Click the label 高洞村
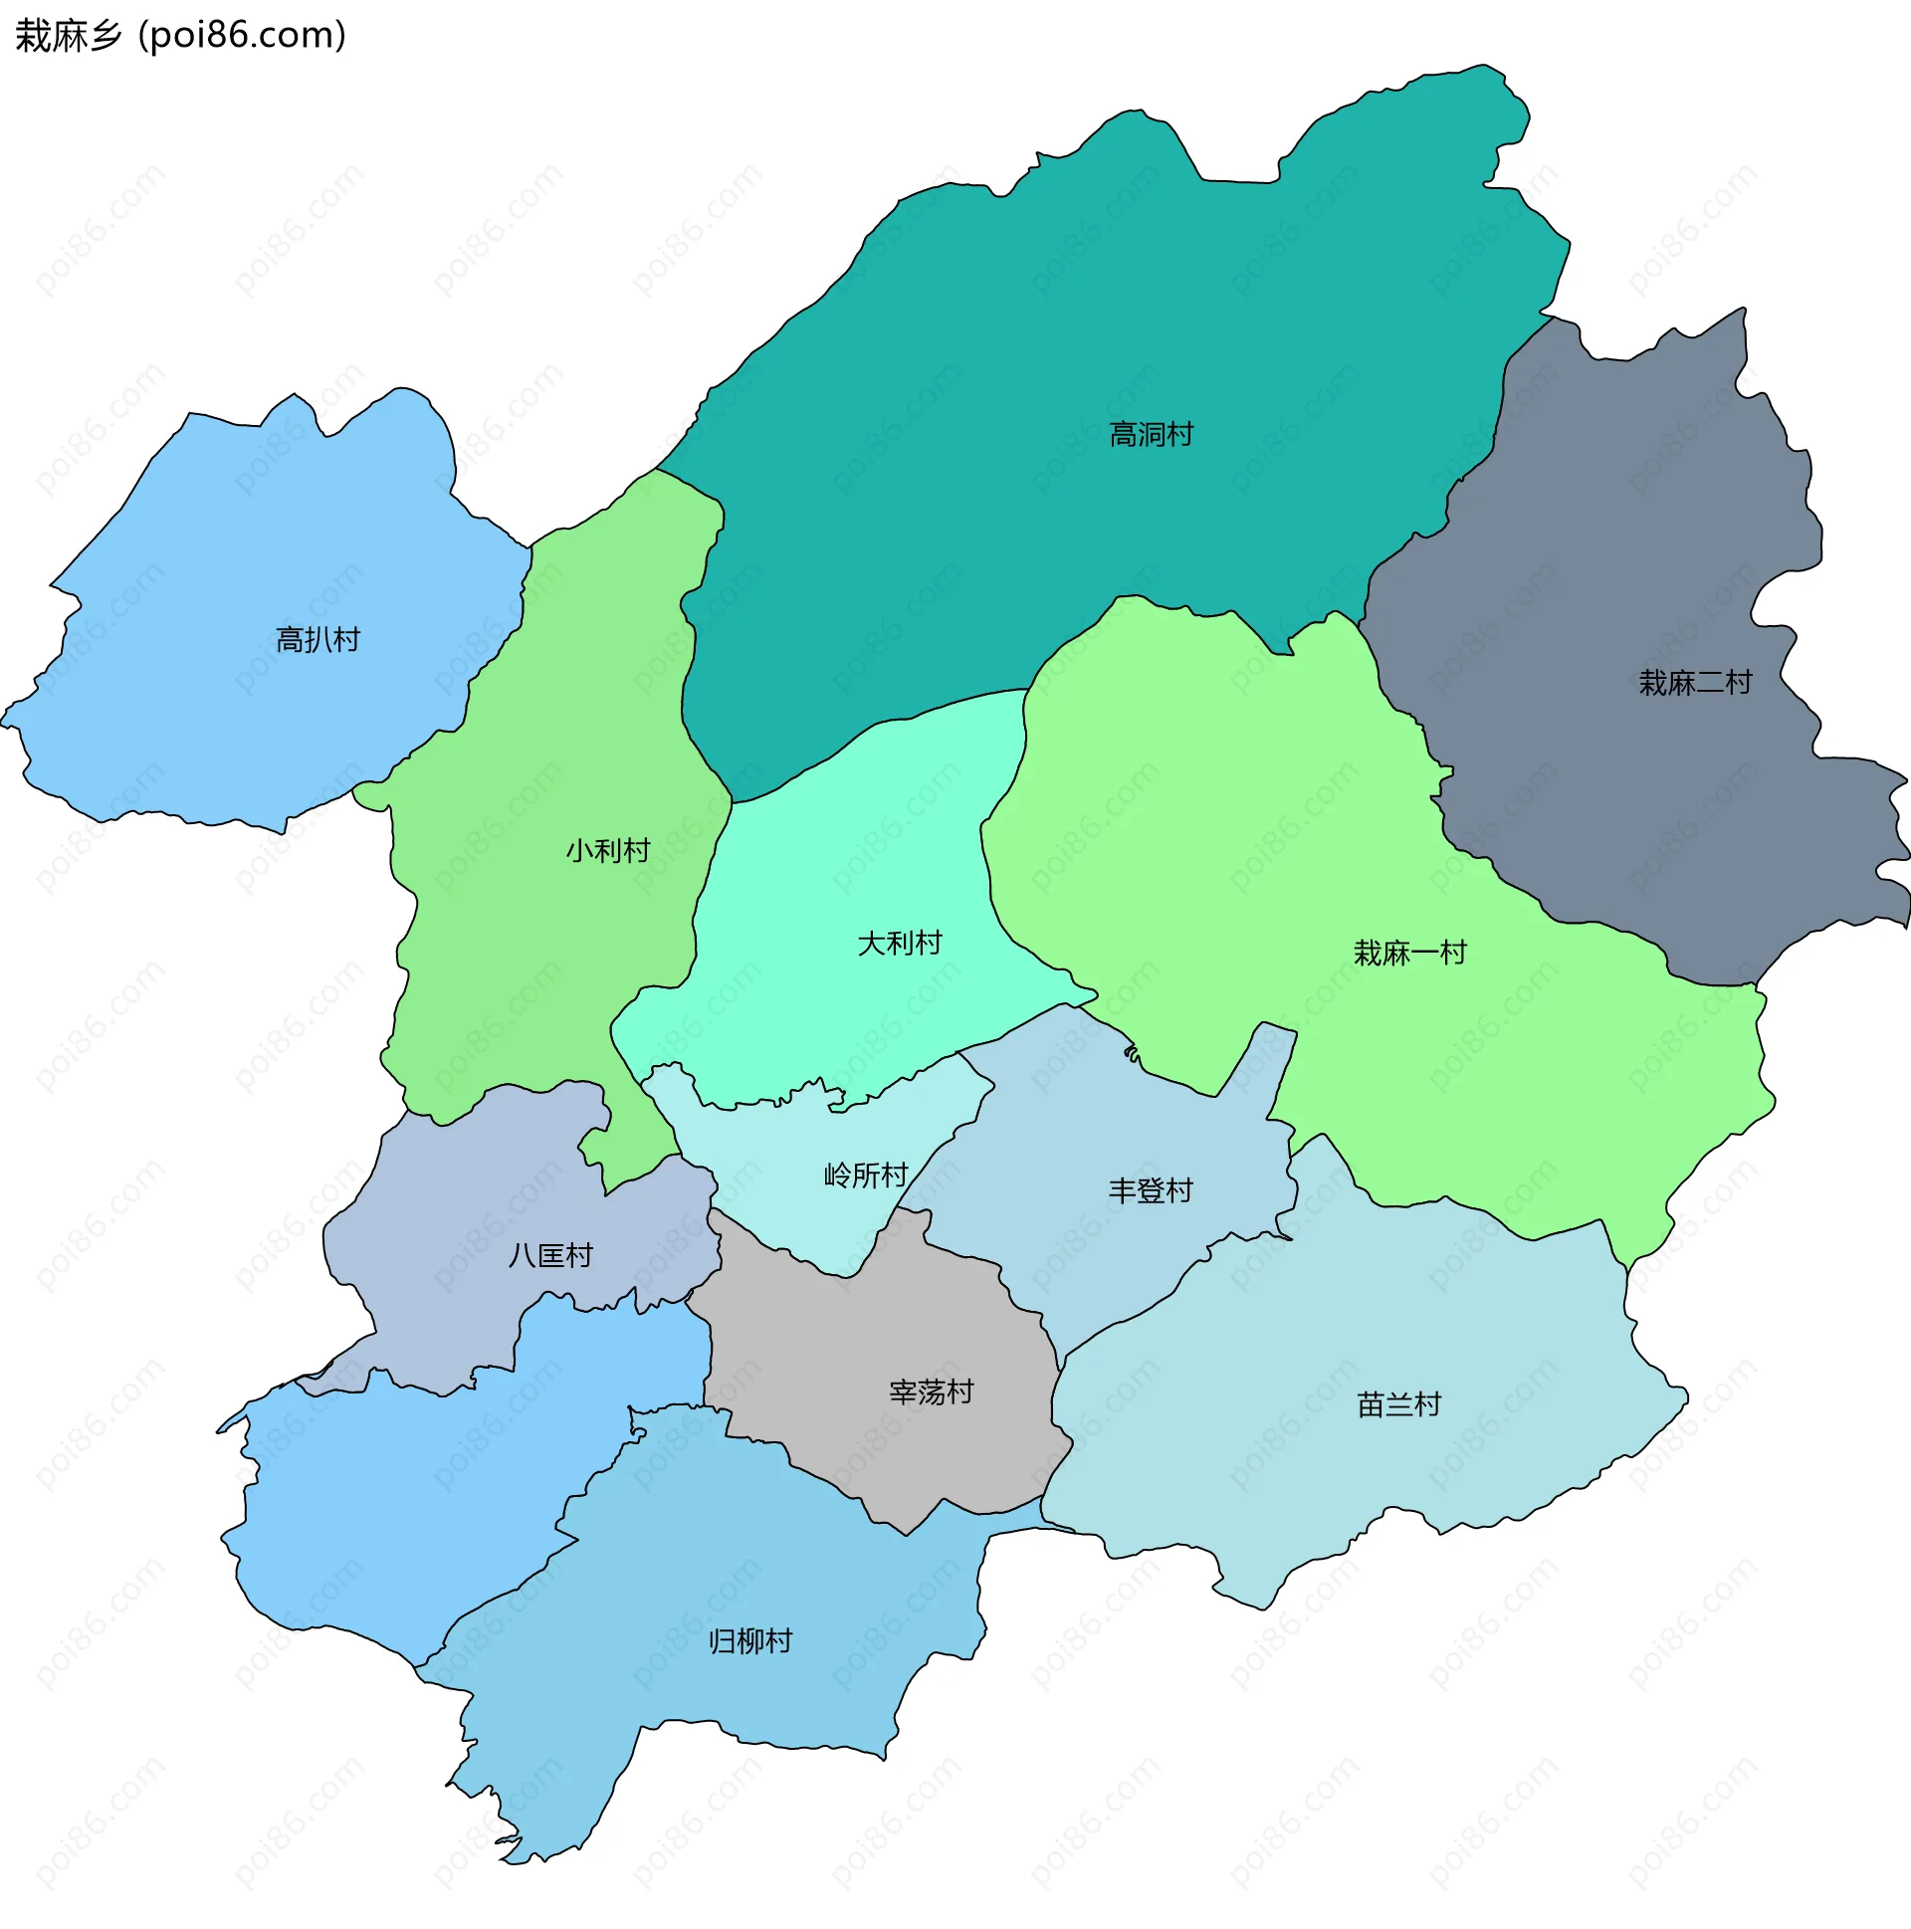[x=1151, y=434]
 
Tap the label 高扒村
[x=318, y=639]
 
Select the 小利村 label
[x=607, y=851]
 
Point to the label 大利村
[x=899, y=943]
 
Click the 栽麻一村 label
[x=1408, y=953]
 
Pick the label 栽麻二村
[x=1694, y=683]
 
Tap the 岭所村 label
[x=865, y=1175]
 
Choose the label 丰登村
[x=1151, y=1190]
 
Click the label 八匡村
[x=550, y=1255]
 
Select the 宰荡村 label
[x=931, y=1392]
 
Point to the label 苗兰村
[x=1397, y=1404]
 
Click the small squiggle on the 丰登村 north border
[x=1132, y=1053]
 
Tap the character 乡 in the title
[x=105, y=35]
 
